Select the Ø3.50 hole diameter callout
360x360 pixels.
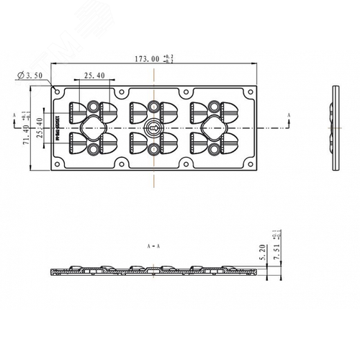31,74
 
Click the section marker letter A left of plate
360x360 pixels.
14,114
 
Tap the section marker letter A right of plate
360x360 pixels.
289,114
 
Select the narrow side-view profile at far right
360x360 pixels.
336,128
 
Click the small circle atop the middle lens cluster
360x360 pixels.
153,107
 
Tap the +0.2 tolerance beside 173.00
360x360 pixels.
168,56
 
